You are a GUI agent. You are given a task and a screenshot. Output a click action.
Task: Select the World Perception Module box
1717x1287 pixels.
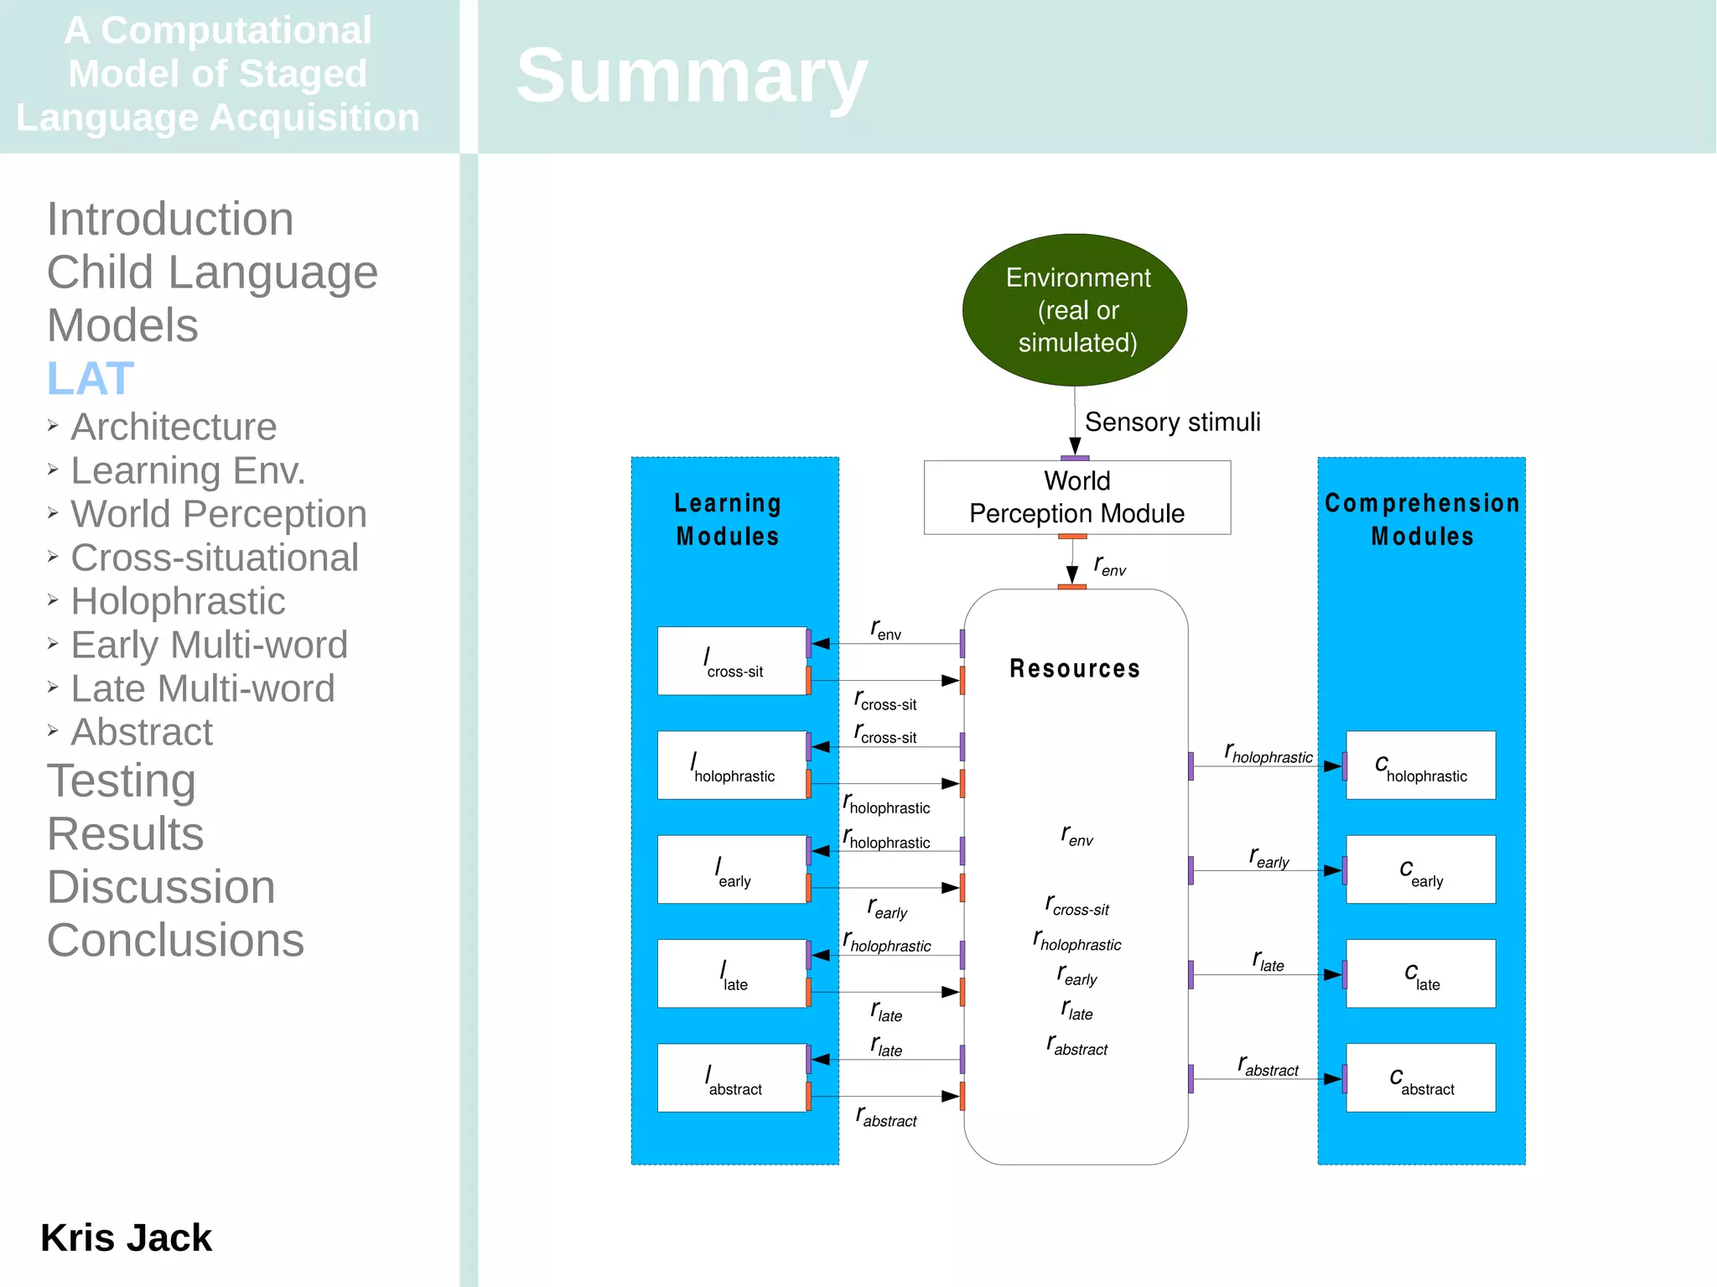tap(1076, 497)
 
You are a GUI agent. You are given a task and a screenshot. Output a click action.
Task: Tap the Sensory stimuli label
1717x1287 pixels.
tap(1171, 422)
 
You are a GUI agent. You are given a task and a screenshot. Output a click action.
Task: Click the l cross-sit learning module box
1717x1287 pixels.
tap(732, 661)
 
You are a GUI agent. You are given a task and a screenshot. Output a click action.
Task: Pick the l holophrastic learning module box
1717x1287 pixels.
tap(732, 765)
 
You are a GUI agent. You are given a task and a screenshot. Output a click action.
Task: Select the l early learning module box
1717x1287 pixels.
tap(732, 869)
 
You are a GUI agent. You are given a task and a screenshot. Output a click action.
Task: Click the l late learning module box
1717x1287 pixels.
tap(732, 973)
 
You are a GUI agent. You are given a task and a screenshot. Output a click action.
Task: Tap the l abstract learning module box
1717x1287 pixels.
tap(732, 1078)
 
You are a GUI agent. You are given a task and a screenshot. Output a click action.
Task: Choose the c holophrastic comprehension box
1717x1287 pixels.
tap(1420, 765)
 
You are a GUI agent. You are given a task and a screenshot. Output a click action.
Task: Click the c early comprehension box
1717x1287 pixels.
tap(1420, 869)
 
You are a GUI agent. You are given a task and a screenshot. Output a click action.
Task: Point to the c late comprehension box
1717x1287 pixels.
tap(1420, 973)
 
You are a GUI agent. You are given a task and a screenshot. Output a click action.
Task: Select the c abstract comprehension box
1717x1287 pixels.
tap(1420, 1078)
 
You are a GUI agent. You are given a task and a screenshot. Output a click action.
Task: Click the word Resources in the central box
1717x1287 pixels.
tap(1074, 668)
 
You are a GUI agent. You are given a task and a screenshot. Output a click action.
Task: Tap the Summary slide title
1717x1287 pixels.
tap(692, 75)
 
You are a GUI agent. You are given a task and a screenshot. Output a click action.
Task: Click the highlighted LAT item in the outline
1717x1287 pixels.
tap(91, 378)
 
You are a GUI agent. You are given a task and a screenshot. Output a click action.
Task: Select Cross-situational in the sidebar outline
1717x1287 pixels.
tap(215, 558)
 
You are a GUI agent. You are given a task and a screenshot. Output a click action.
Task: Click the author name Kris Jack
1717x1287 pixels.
tap(127, 1238)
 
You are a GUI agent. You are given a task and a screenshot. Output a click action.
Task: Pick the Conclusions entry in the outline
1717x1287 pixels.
tap(175, 940)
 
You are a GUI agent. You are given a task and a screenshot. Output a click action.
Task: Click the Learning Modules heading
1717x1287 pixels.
tap(728, 519)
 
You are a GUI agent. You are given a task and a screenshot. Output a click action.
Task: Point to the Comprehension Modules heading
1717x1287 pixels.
tap(1422, 519)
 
